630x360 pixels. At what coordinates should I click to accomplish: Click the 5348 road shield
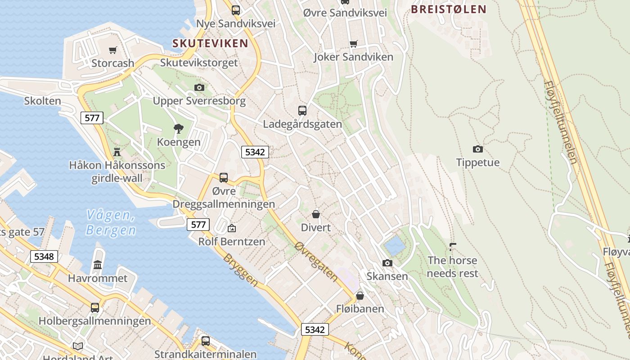(44, 256)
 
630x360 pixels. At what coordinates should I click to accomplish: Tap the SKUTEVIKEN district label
(210, 43)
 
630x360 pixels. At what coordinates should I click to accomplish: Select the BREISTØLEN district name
(449, 9)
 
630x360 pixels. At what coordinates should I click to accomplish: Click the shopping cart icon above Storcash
(112, 50)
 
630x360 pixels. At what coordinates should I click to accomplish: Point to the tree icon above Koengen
(179, 129)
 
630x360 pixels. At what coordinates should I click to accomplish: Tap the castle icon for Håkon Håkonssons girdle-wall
(117, 152)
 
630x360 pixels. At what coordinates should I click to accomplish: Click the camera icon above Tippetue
(477, 149)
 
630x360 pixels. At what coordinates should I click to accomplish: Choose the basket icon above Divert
(316, 214)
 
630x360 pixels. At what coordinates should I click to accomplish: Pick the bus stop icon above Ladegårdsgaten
(302, 110)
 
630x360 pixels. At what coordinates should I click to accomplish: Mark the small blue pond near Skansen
(395, 246)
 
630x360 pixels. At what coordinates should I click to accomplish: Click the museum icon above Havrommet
(98, 265)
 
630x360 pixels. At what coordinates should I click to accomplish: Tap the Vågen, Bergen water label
(111, 222)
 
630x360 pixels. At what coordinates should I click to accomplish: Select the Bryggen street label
(241, 270)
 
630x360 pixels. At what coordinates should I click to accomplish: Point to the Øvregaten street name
(316, 262)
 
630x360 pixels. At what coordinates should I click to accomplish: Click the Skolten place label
(43, 100)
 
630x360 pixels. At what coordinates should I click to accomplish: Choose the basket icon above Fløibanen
(360, 296)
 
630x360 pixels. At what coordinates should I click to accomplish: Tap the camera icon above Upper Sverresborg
(199, 87)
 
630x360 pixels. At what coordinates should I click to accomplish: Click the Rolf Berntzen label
(232, 241)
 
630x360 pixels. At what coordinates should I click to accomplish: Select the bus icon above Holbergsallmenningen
(95, 307)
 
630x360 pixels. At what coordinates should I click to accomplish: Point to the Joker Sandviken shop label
(353, 57)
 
